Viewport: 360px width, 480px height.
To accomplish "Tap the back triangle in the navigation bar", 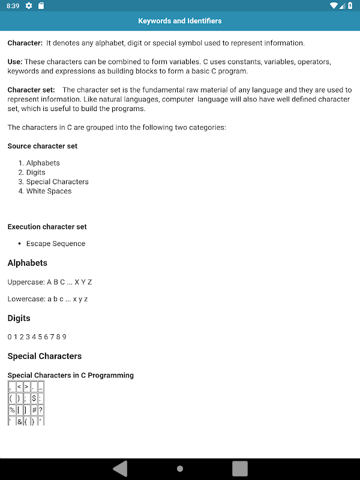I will [121, 468].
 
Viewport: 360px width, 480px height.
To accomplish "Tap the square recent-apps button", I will [240, 468].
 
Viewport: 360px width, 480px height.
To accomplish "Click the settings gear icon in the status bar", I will [29, 6].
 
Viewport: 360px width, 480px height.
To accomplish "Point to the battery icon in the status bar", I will [350, 6].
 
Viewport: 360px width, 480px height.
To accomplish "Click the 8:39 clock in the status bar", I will [13, 6].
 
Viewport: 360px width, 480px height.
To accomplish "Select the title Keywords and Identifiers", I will [180, 21].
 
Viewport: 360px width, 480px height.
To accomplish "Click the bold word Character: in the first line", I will [25, 43].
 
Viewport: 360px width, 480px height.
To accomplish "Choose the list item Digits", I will [35, 172].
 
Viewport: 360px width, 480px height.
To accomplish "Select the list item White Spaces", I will [49, 191].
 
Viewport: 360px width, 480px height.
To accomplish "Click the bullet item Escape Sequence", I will [56, 244].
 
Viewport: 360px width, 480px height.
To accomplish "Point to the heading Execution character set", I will [47, 227].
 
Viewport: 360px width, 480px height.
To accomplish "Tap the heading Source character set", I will [42, 146].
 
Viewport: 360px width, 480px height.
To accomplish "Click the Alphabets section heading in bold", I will [27, 263].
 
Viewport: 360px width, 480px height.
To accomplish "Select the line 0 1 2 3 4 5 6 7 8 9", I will [37, 337].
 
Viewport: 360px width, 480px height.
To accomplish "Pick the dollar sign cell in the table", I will [34, 398].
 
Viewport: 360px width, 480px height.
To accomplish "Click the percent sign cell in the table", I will [12, 410].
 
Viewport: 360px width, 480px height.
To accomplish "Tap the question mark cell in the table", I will [41, 410].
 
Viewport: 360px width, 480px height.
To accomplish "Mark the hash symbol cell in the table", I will [34, 410].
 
